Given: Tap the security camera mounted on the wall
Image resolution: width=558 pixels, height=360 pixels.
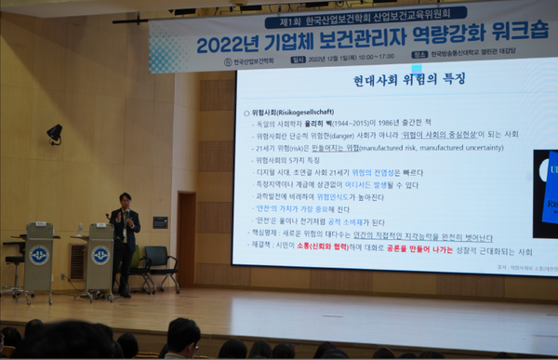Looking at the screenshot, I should pos(55,133).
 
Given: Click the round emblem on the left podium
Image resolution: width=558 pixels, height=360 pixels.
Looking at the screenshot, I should pos(38,254).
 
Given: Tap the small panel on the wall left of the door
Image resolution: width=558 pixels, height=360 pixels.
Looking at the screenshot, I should pos(160,222).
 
